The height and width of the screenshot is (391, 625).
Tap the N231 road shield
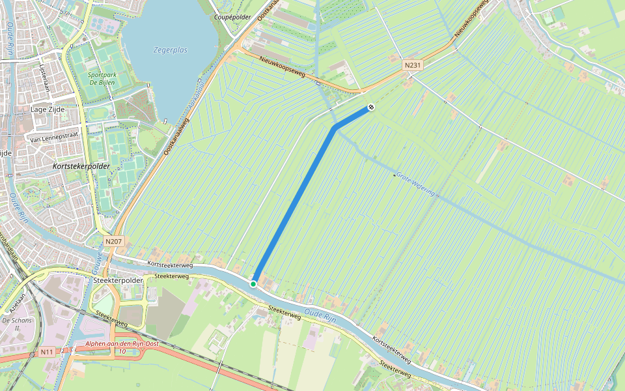[411, 65]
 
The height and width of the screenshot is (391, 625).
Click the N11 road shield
[46, 352]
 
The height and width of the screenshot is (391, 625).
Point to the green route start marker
[253, 283]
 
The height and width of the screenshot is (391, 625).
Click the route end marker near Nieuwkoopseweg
[370, 106]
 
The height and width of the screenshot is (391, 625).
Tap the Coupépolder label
[232, 17]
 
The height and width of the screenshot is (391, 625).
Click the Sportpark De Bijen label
[102, 79]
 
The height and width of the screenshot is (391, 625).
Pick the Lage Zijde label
[48, 109]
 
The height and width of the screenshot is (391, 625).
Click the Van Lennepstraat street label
[55, 139]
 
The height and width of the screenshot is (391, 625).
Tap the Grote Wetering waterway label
[415, 184]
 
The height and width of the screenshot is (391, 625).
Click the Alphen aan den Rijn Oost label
[115, 343]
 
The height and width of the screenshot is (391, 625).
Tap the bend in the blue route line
[335, 128]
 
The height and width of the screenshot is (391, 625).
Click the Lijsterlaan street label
[44, 79]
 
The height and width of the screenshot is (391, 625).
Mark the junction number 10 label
[122, 351]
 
